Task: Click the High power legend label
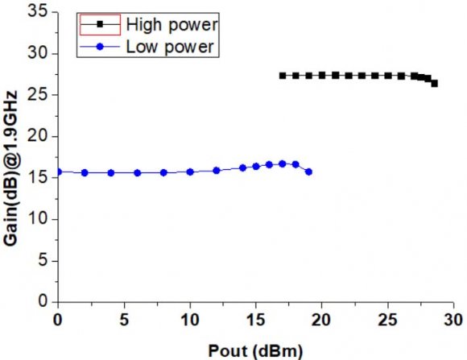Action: pyautogui.click(x=172, y=25)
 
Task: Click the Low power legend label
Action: pyautogui.click(x=169, y=47)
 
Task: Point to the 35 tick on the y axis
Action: pyautogui.click(x=38, y=12)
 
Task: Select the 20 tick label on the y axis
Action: pyautogui.click(x=38, y=136)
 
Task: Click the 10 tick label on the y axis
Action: pyautogui.click(x=38, y=219)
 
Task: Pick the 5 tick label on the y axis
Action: pyautogui.click(x=42, y=260)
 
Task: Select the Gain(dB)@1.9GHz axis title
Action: pyautogui.click(x=14, y=157)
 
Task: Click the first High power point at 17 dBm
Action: pyautogui.click(x=283, y=76)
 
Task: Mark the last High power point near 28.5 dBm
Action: pyautogui.click(x=435, y=83)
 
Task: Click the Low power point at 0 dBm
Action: pyautogui.click(x=58, y=172)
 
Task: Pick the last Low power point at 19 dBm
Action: pyautogui.click(x=308, y=172)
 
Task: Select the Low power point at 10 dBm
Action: pyautogui.click(x=190, y=172)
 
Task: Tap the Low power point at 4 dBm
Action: pyautogui.click(x=111, y=172)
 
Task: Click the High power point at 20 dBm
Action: pyautogui.click(x=322, y=76)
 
